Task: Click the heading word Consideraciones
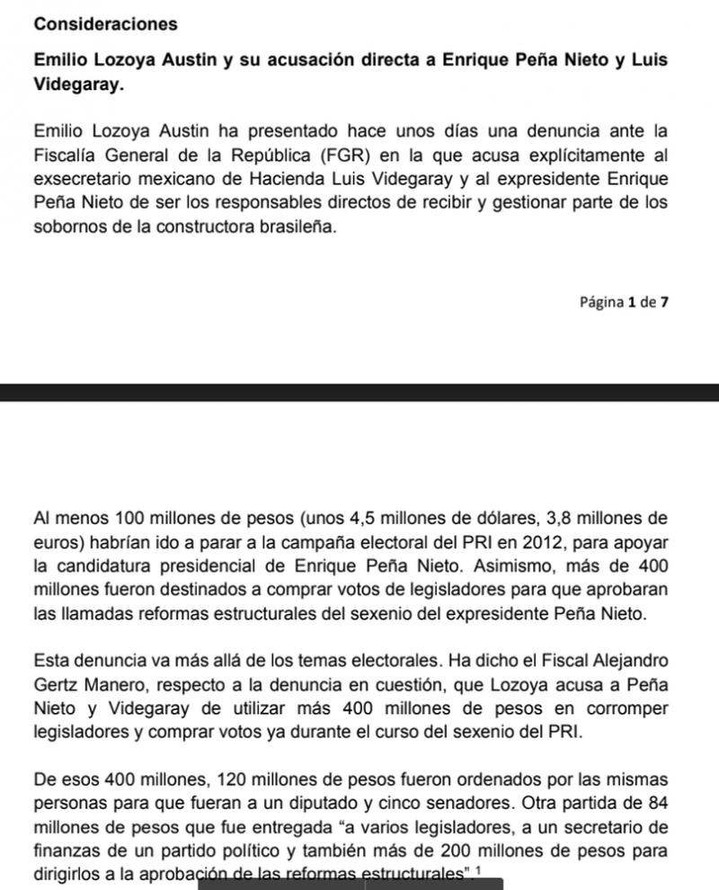(x=104, y=24)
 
